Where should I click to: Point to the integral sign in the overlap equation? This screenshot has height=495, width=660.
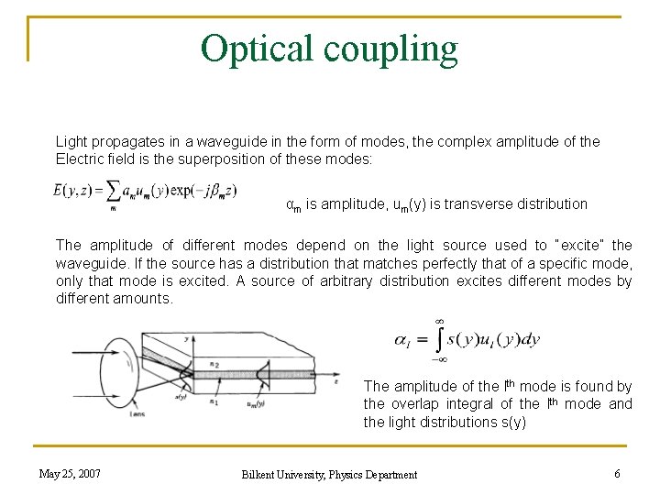tap(438, 340)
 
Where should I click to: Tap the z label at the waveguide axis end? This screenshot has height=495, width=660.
tap(336, 375)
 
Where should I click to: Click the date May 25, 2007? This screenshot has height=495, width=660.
tap(70, 473)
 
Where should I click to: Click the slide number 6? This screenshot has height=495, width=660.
tap(617, 473)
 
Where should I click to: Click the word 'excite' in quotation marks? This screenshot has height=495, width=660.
tap(581, 245)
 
